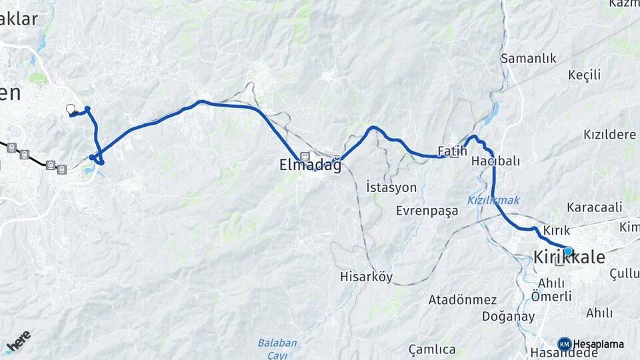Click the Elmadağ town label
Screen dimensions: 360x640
(x=310, y=165)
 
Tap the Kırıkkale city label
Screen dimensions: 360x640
(x=569, y=257)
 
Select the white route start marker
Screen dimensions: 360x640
(x=71, y=109)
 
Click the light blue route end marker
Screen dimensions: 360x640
(x=568, y=251)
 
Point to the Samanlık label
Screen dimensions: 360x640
(x=529, y=59)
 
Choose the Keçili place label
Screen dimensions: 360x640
(x=585, y=74)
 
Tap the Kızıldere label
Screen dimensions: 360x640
(x=609, y=135)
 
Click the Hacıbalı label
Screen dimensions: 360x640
(x=495, y=161)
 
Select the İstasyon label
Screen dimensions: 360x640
(x=391, y=187)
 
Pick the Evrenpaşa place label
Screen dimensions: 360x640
(x=427, y=211)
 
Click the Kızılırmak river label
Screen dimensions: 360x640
(x=493, y=200)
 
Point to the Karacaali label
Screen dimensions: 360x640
(x=595, y=207)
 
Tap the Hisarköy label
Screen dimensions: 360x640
(x=366, y=276)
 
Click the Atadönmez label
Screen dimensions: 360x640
(x=463, y=299)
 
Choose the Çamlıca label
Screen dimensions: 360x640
(x=432, y=349)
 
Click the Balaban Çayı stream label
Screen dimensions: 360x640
(x=277, y=349)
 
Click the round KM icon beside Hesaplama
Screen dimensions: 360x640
(x=565, y=344)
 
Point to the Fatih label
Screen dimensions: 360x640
(x=452, y=151)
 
